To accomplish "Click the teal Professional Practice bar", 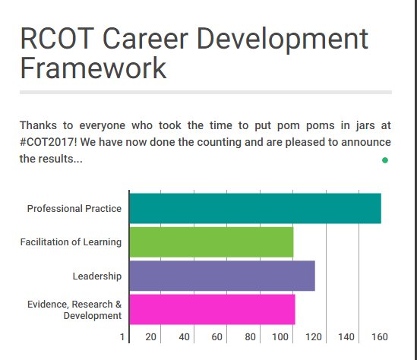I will click(254, 208).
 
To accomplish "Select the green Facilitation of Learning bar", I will click(211, 242).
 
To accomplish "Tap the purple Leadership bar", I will click(222, 276).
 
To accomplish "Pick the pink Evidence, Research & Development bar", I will click(212, 309).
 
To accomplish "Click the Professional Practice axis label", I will click(74, 209).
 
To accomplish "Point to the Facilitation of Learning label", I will click(71, 242).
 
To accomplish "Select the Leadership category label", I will click(96, 276).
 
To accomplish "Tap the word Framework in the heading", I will click(93, 68).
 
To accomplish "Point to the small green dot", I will click(385, 160).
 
